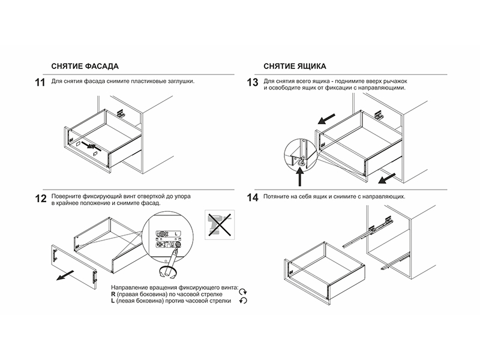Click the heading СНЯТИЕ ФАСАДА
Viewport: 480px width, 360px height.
tap(85, 65)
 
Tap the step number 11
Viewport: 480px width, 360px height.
tap(40, 83)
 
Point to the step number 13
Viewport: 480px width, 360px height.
tap(253, 83)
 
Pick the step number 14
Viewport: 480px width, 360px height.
tap(253, 198)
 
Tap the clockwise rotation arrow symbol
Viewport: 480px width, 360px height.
tap(243, 292)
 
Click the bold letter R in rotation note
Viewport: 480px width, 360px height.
tap(113, 295)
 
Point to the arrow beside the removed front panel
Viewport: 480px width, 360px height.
tap(63, 276)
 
